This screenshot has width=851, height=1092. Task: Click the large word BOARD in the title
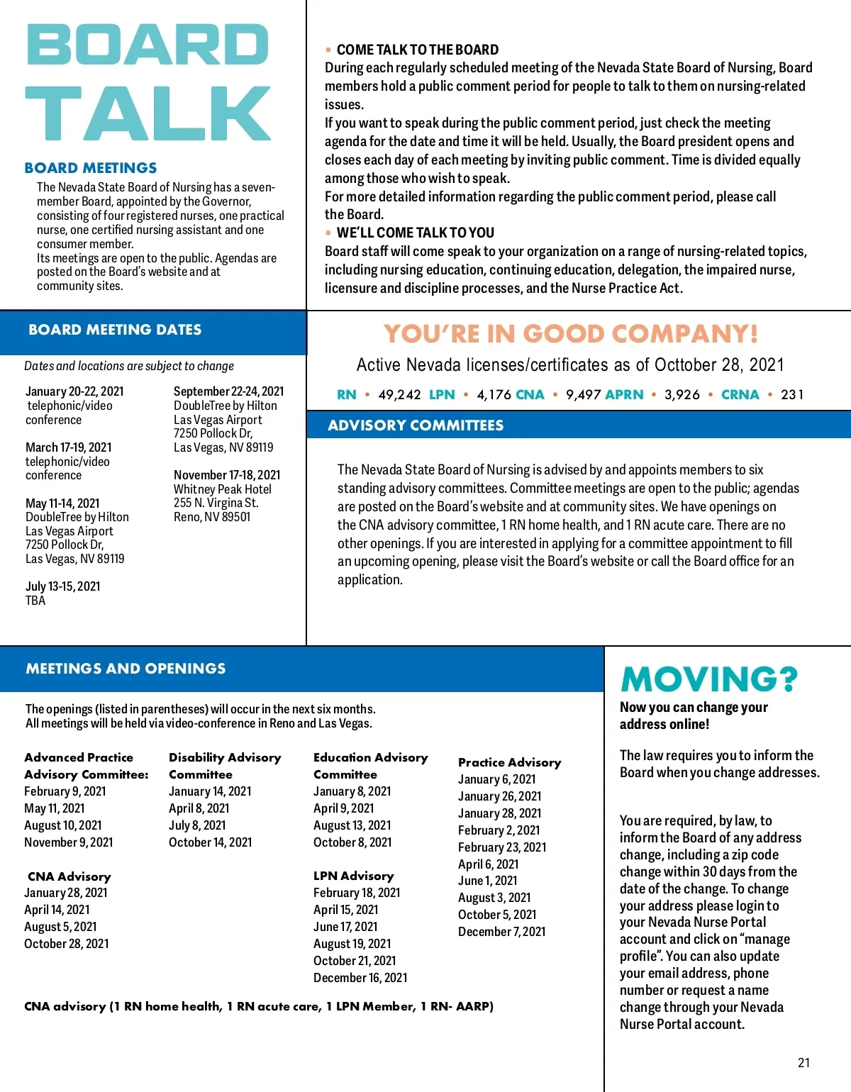148,45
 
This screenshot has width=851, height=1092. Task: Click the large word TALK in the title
148,113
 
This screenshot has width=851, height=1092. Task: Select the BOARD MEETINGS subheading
91,168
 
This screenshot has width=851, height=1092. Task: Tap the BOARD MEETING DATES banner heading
115,330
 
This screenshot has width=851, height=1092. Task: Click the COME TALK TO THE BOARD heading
418,50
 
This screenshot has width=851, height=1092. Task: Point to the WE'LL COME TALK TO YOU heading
416,233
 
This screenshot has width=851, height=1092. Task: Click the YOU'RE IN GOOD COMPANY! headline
571,333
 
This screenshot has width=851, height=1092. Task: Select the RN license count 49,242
399,395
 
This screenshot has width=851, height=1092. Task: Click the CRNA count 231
792,395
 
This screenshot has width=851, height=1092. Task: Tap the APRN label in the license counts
625,395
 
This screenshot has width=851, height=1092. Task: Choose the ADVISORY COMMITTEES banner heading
416,425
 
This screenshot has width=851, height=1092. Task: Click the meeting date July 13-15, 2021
63,586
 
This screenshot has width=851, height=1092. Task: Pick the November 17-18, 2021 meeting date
227,475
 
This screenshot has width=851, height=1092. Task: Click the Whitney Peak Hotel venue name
223,489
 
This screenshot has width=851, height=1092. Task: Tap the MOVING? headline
709,679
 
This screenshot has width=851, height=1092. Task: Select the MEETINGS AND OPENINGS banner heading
126,669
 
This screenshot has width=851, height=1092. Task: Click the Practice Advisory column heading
509,762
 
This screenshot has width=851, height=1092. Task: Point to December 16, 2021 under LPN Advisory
360,978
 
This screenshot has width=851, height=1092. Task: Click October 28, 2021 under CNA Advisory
67,944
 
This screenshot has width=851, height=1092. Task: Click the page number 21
803,1062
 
